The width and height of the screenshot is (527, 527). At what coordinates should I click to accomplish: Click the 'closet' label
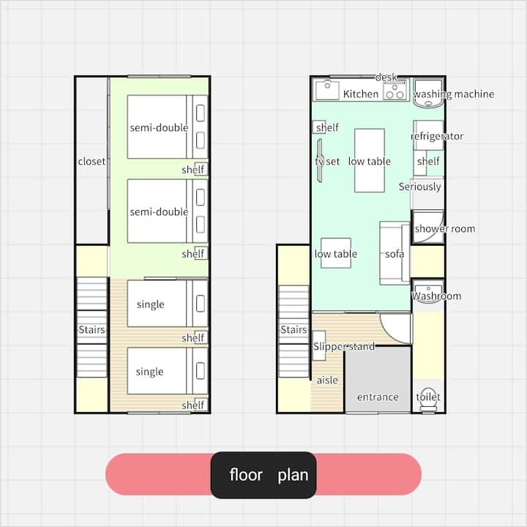coord(91,161)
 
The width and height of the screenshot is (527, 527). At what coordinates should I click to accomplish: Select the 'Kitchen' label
coord(361,94)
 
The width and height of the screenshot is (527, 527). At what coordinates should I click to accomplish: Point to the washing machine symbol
coord(428,93)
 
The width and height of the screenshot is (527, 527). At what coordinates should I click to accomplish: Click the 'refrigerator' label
coord(437,136)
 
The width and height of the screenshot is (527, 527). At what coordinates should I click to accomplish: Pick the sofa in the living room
coord(395,253)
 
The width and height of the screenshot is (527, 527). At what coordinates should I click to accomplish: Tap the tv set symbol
coord(320,160)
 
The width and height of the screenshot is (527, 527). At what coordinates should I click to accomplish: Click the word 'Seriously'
coord(420,187)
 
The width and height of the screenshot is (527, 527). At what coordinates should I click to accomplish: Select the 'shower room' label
coord(445,229)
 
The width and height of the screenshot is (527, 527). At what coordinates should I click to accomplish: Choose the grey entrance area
coord(378,379)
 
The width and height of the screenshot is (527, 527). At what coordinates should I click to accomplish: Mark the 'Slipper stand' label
coord(344,346)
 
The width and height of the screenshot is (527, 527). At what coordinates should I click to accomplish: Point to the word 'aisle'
coord(327,380)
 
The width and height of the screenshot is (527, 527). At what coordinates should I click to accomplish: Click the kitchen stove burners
coord(395,91)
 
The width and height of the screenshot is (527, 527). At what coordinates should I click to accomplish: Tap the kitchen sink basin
coord(326,90)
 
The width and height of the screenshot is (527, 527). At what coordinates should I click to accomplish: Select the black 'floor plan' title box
coord(263,475)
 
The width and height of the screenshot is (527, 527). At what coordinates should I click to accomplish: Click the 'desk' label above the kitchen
coord(386,78)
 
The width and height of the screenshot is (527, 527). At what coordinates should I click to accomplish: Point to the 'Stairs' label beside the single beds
coord(91,329)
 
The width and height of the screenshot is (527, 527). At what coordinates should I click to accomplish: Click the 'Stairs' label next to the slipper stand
coord(294,329)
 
